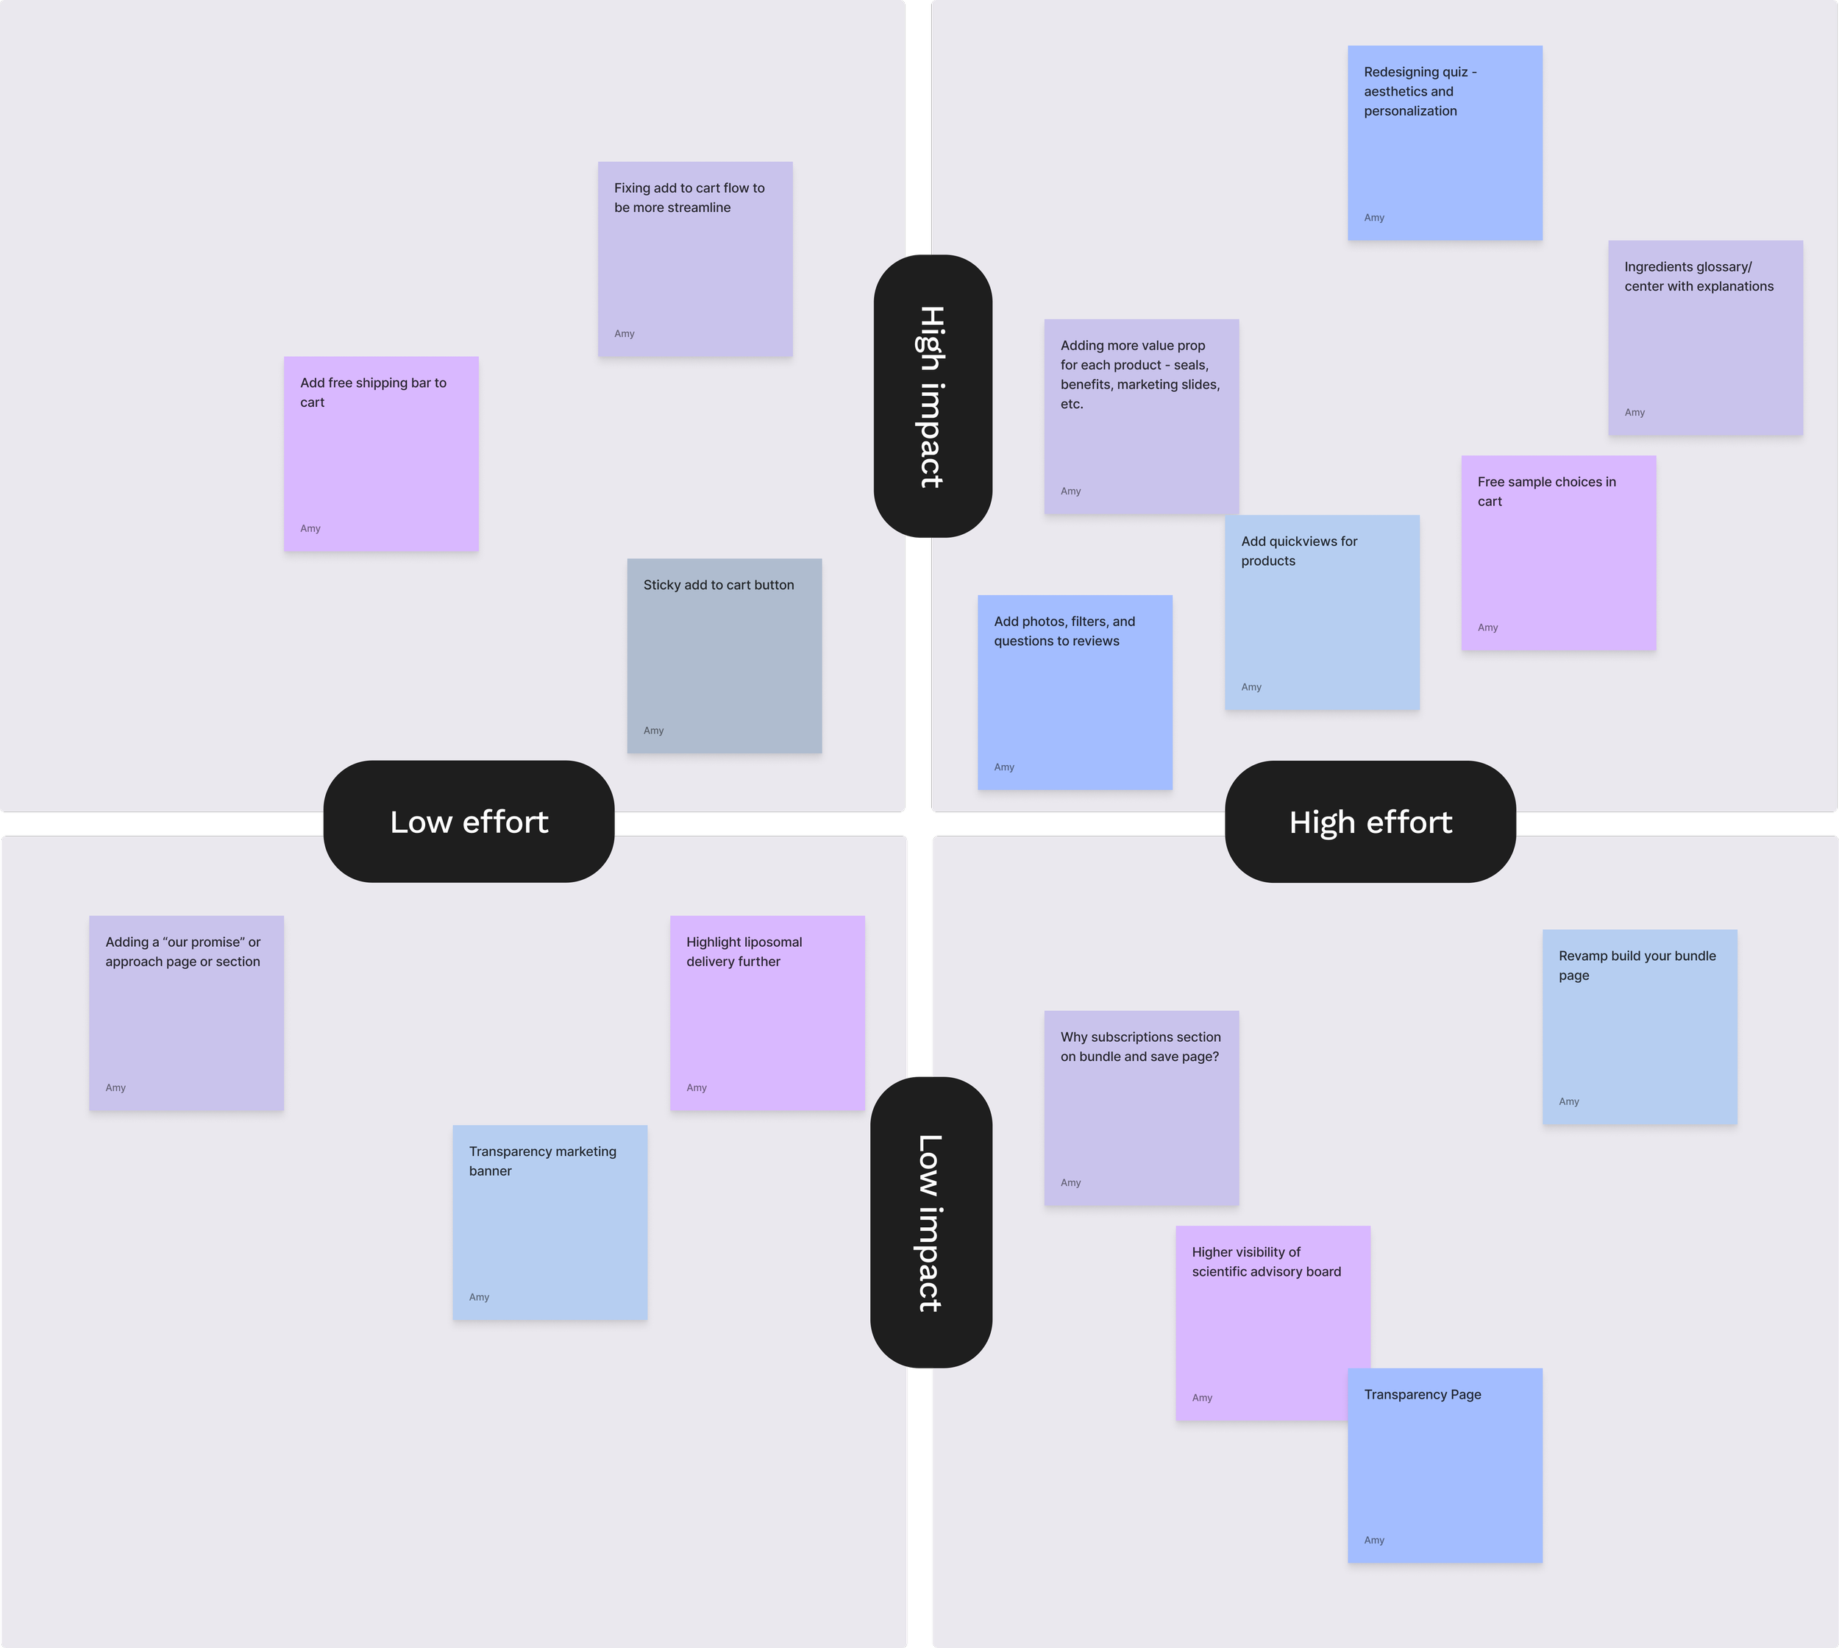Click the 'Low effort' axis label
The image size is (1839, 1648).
(469, 821)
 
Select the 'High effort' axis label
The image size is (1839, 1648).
(1370, 821)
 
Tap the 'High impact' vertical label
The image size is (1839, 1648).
(933, 397)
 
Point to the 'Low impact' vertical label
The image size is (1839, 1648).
(931, 1223)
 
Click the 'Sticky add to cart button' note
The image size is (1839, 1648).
(725, 656)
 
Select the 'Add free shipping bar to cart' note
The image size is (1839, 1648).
(381, 454)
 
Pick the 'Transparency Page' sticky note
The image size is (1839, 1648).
(1445, 1465)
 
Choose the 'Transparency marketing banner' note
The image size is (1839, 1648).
(549, 1223)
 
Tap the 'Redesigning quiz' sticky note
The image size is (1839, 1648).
(1445, 143)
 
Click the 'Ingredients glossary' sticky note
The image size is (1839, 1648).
(1705, 338)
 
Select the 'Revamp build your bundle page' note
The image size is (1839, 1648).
(1640, 1027)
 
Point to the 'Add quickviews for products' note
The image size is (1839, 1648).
(1322, 612)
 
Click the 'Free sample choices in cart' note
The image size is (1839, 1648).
(1558, 553)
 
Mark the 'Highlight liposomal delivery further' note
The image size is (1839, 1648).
(767, 1013)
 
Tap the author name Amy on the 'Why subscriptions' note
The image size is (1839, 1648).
(1071, 1182)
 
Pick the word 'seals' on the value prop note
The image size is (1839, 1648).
(1189, 365)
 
